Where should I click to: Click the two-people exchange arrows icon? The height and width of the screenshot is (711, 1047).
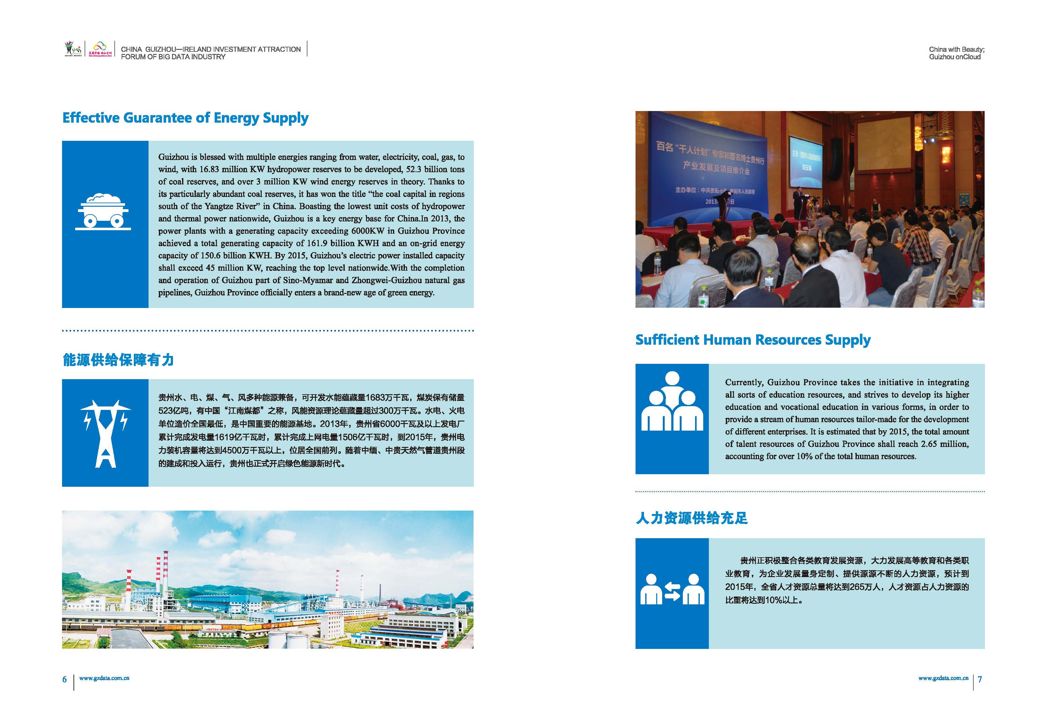point(672,589)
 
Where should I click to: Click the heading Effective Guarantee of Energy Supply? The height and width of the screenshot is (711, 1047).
point(185,118)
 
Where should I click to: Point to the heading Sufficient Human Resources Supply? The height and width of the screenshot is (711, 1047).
point(752,340)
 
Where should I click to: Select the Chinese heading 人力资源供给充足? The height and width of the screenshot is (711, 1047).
point(692,518)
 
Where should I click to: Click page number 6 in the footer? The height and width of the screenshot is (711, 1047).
point(65,679)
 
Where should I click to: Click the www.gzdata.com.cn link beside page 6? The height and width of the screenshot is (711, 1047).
point(104,678)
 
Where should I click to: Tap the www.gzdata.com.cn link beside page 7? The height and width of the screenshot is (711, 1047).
point(943,678)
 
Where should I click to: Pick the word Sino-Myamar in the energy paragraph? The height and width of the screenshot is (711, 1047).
point(307,280)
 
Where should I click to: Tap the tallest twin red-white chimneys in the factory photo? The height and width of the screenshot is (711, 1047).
point(162,577)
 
